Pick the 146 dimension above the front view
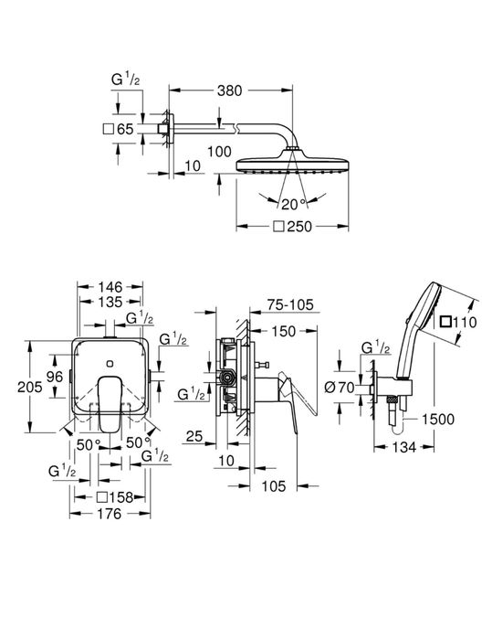tap(109, 286)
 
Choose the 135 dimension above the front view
tap(109, 303)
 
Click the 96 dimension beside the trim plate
tap(53, 377)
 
